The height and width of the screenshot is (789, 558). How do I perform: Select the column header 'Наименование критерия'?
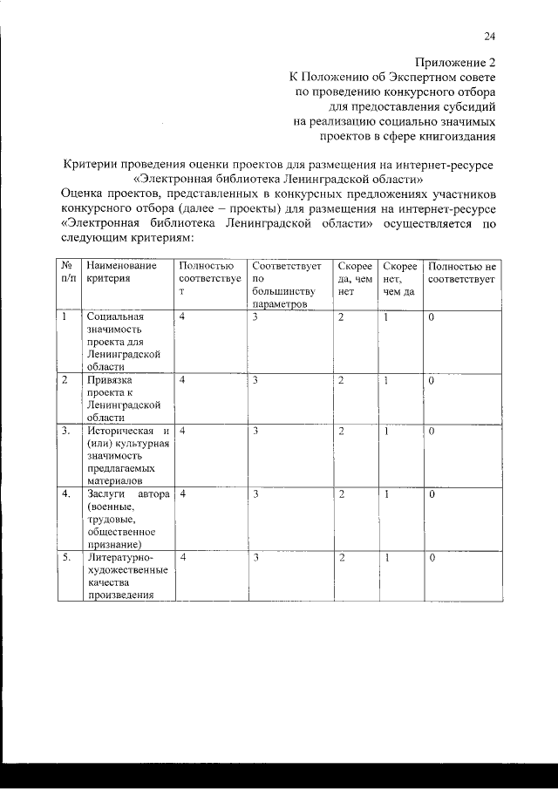click(x=121, y=272)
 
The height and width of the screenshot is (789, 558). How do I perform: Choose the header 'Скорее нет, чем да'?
click(x=398, y=278)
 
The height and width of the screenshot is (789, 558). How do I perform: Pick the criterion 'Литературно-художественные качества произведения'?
click(x=126, y=575)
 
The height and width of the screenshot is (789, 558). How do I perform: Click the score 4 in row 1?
click(x=182, y=317)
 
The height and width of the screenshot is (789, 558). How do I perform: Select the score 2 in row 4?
click(x=341, y=494)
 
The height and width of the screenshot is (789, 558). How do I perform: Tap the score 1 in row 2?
click(x=385, y=380)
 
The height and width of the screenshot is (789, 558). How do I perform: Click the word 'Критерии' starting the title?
click(x=92, y=165)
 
